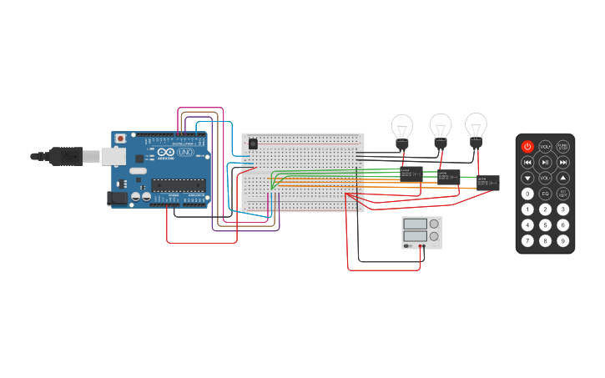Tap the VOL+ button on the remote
coord(545,146)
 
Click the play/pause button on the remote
coord(545,162)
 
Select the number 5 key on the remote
coord(545,224)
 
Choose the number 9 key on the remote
coord(563,240)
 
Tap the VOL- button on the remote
coord(545,178)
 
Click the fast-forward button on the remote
coord(563,162)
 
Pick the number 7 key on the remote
coord(527,240)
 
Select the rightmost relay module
coord(488,182)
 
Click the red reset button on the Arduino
coord(121,138)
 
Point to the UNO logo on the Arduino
coord(185,153)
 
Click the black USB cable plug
coord(65,156)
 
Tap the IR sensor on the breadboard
coord(253,144)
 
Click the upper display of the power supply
coord(415,224)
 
